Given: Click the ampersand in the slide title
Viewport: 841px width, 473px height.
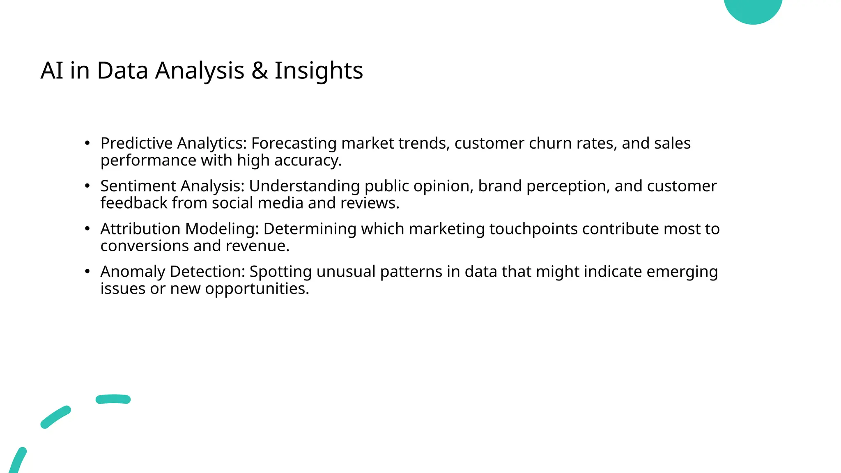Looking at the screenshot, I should (x=260, y=71).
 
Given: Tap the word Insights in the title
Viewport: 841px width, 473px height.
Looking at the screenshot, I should (x=319, y=71).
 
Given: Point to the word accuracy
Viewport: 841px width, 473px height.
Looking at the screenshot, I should (x=308, y=161).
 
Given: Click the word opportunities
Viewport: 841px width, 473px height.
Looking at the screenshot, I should (x=257, y=289).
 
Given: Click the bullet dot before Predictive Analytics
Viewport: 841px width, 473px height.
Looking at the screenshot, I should (x=87, y=143).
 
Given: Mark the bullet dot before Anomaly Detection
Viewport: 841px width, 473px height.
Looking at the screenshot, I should (x=87, y=272).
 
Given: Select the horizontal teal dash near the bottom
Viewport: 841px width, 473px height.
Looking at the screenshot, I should (x=113, y=399).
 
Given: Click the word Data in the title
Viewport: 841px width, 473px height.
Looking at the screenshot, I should (x=122, y=71).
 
